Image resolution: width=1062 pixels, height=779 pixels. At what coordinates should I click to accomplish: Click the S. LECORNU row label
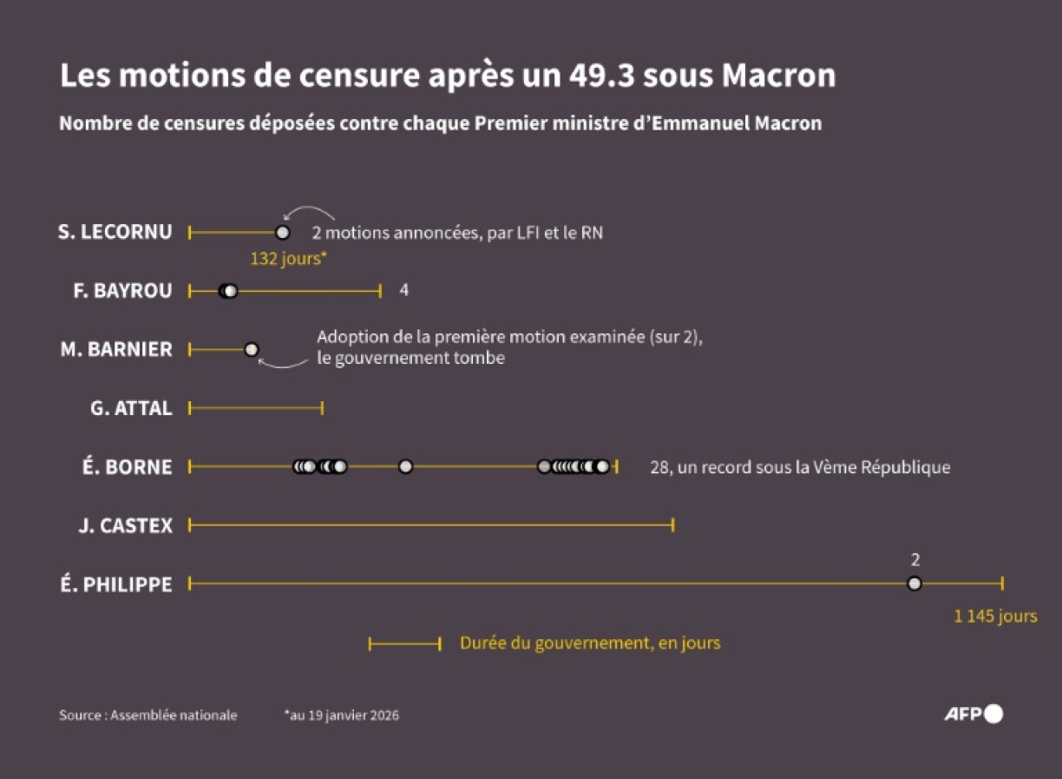pos(115,233)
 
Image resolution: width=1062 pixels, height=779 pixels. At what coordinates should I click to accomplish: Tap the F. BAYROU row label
pos(122,291)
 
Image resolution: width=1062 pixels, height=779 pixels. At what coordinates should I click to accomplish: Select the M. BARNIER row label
pos(116,350)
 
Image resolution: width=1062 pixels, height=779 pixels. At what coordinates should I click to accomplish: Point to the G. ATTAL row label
pos(131,408)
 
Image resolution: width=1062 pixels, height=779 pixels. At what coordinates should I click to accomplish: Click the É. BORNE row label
pos(127,467)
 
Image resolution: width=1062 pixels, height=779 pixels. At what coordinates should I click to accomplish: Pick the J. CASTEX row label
pos(125,525)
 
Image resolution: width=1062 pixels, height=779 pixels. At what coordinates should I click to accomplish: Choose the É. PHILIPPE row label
pos(116,584)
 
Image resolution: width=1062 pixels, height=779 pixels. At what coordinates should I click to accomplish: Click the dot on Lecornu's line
pos(282,233)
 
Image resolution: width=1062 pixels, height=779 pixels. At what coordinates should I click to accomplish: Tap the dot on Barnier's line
pos(252,349)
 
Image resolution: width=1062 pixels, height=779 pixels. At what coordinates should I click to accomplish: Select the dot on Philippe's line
pos(914,584)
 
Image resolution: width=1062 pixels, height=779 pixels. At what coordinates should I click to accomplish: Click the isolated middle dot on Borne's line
pos(405,466)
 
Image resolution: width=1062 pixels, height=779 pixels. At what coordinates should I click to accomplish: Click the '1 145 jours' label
pos(995,617)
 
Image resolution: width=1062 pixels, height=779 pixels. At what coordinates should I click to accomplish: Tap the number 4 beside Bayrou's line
pos(403,290)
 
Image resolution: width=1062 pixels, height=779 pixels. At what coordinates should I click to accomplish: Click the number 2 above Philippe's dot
pos(914,560)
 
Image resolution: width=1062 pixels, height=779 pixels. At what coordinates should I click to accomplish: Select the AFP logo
pos(973,714)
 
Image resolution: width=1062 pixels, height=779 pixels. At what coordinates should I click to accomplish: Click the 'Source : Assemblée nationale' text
pos(147,716)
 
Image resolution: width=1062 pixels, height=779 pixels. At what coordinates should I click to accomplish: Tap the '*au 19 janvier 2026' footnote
pos(341,716)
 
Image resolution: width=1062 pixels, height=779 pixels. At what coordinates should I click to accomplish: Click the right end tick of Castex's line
pos(673,525)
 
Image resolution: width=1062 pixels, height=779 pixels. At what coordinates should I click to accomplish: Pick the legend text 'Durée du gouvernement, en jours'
pos(590,644)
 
